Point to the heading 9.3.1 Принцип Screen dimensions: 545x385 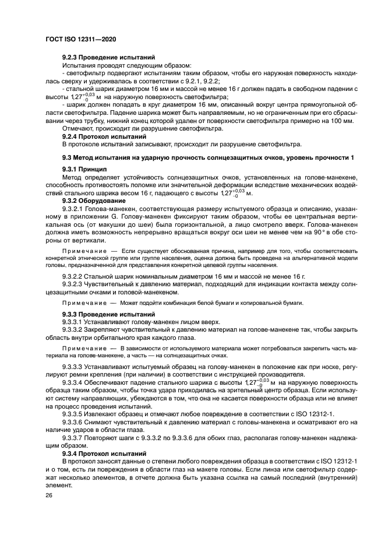tap(82, 169)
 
